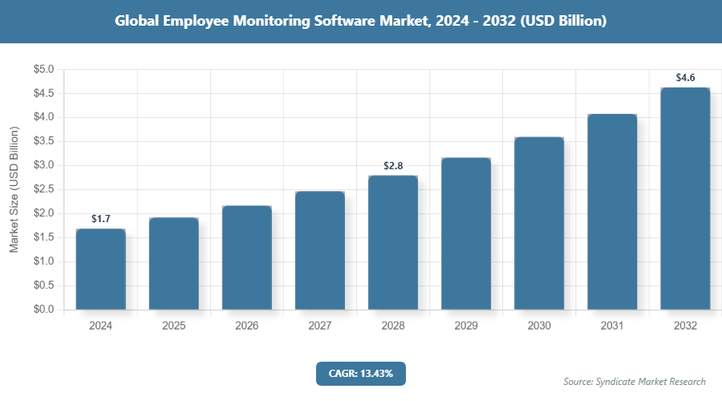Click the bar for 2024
click(101, 269)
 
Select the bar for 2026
click(247, 257)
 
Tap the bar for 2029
click(466, 233)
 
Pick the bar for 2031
click(612, 212)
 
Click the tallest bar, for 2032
click(685, 198)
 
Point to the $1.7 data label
click(101, 218)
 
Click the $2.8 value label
click(393, 166)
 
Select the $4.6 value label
click(685, 78)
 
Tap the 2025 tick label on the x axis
click(174, 326)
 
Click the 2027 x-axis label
click(320, 326)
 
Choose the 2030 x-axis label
click(539, 326)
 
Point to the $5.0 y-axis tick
click(43, 70)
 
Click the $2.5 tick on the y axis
click(43, 189)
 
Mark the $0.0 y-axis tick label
click(43, 310)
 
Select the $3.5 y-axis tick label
click(43, 142)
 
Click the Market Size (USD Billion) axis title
click(14, 189)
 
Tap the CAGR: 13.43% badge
click(361, 373)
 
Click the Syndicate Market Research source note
click(635, 382)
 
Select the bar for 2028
click(393, 242)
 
